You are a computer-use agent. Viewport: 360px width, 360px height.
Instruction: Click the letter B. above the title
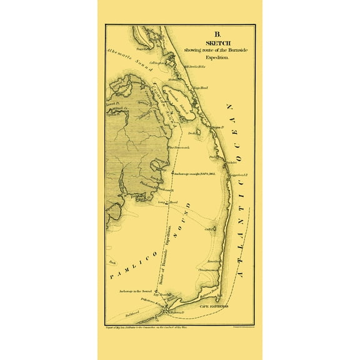tap(218, 35)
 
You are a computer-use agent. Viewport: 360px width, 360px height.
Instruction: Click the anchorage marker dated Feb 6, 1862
tap(172, 172)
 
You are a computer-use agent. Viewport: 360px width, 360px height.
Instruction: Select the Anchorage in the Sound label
tap(139, 292)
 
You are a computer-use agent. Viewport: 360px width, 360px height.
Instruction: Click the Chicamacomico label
tap(207, 269)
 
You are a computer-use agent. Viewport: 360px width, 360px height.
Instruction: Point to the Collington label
tap(156, 63)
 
